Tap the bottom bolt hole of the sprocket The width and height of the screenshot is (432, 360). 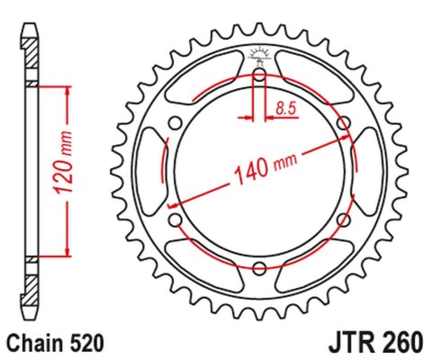pyautogui.click(x=259, y=267)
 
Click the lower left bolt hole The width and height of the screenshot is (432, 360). pyautogui.click(x=175, y=219)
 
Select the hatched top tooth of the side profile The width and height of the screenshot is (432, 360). pyautogui.click(x=31, y=56)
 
